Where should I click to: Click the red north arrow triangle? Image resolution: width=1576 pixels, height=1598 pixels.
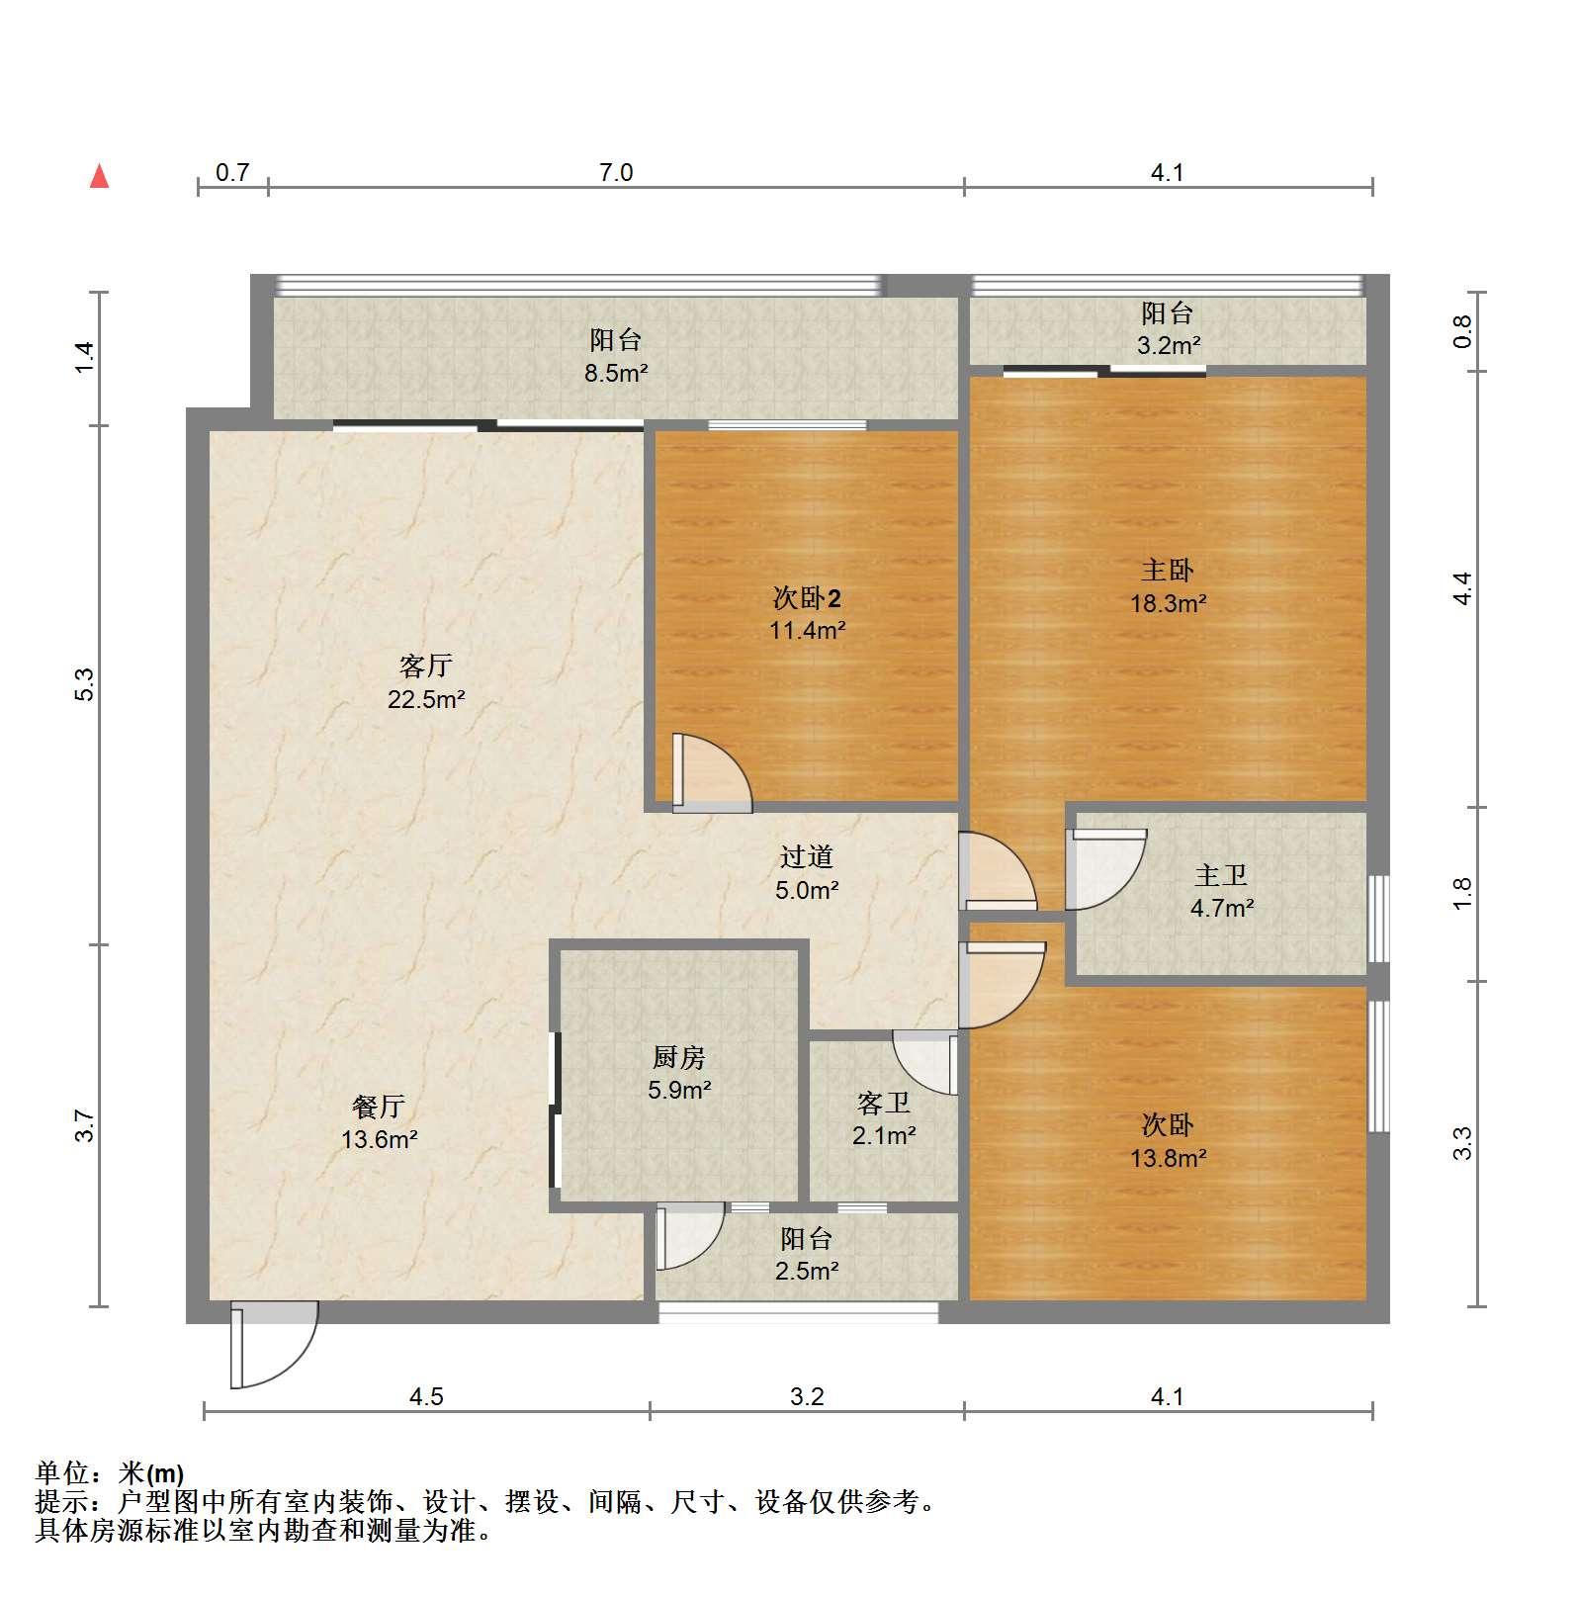(99, 176)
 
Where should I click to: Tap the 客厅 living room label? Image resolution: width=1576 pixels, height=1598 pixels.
(426, 666)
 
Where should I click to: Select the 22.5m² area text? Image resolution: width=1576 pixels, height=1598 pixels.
(426, 699)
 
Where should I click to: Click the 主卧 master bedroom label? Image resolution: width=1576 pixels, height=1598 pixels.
(1168, 570)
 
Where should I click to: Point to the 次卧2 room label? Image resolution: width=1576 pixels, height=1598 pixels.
(807, 597)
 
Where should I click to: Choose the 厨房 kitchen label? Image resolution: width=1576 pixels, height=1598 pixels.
(679, 1057)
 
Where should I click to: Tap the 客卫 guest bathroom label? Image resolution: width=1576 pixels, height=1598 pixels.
(884, 1103)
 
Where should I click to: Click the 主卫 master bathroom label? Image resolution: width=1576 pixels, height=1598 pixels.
(1221, 875)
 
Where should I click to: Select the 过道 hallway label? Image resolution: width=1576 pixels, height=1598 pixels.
(807, 856)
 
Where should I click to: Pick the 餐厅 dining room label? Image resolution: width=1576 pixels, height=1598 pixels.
(379, 1107)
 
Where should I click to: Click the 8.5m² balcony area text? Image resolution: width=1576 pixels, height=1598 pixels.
(615, 373)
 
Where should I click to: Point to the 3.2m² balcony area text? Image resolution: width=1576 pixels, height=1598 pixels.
(1168, 345)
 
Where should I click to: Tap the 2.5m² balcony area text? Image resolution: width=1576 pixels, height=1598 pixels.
(807, 1271)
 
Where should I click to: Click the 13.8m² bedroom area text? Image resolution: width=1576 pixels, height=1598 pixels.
(1168, 1157)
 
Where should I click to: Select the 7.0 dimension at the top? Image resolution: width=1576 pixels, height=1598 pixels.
(615, 173)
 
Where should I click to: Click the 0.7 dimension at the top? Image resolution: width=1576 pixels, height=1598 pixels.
(232, 173)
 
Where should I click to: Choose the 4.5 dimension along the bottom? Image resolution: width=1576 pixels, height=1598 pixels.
(426, 1396)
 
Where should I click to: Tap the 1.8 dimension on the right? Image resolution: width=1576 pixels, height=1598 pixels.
(1463, 893)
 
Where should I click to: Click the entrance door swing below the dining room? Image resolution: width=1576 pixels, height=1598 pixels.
(274, 1346)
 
